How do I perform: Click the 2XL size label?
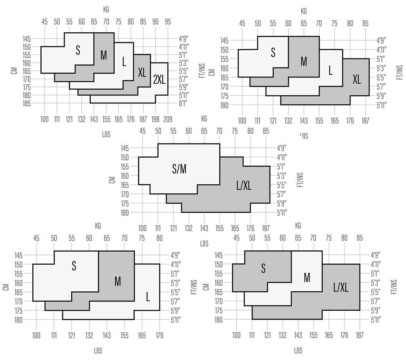(159, 80)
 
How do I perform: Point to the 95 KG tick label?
(168, 21)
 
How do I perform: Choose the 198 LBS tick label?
(156, 119)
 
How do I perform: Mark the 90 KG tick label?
(156, 21)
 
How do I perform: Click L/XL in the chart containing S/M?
(244, 185)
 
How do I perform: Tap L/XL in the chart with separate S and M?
(341, 287)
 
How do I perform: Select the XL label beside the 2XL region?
(142, 73)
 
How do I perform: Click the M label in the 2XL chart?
(104, 55)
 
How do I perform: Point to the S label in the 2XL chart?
(78, 50)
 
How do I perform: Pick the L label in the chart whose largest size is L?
(148, 298)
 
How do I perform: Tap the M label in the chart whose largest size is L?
(118, 281)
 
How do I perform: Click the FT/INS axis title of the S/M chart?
(299, 180)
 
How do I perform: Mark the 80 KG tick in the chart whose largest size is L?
(160, 238)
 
